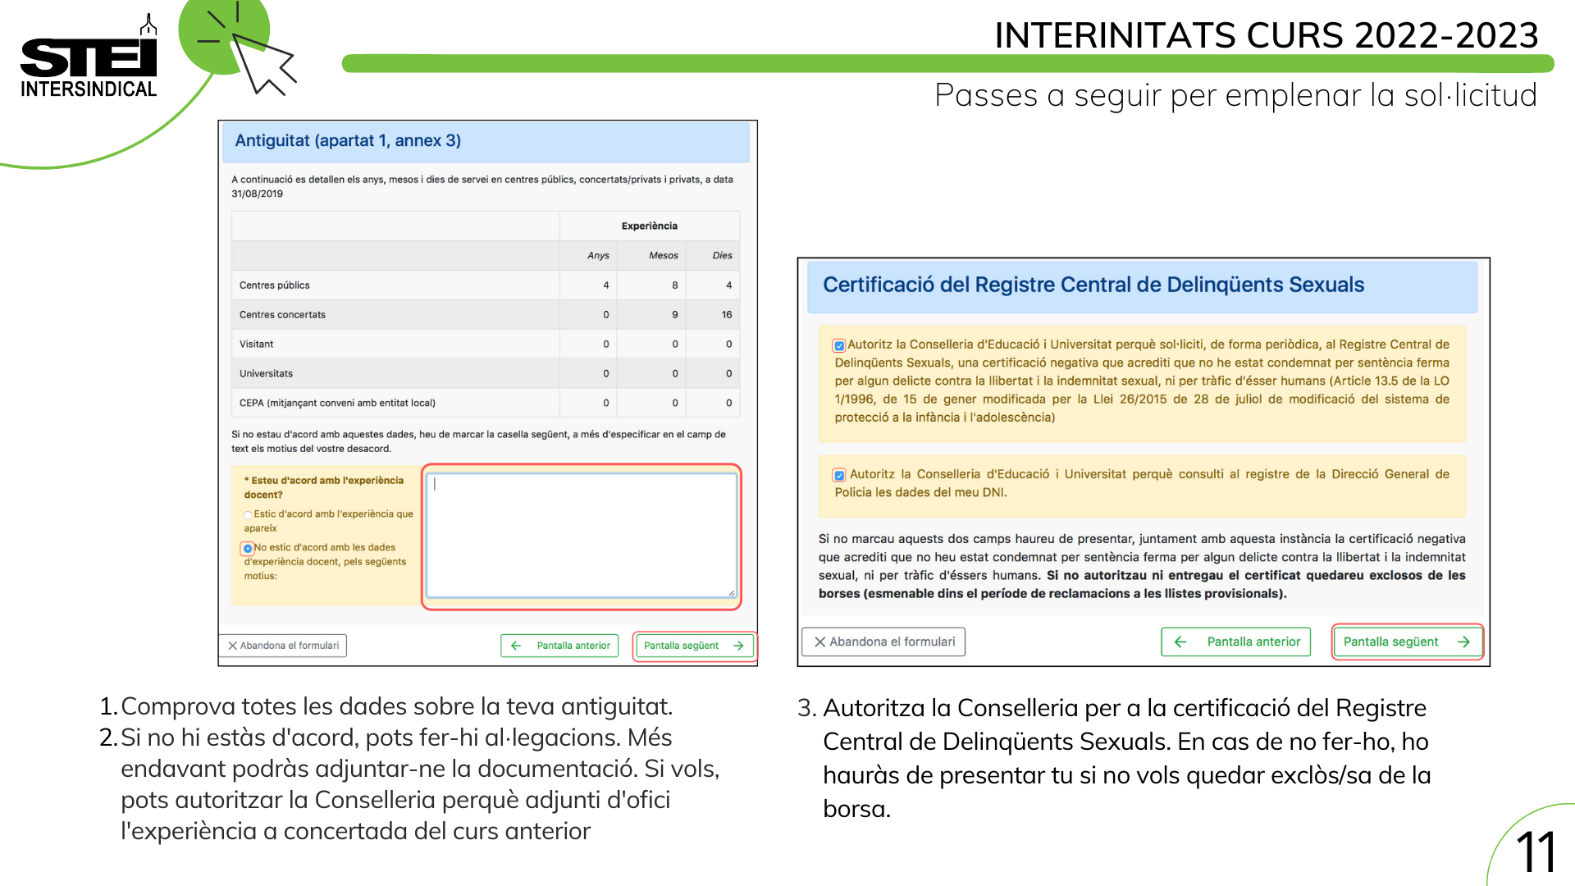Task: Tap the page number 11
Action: (x=1535, y=852)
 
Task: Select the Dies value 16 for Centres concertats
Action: (x=726, y=315)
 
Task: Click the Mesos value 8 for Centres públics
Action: (x=674, y=285)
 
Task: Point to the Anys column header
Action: (x=598, y=256)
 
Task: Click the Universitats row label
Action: (x=266, y=374)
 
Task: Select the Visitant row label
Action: (x=256, y=345)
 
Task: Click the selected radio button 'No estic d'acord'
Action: (x=248, y=548)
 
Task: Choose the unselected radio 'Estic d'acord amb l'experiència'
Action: (x=248, y=515)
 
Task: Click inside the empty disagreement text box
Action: (x=581, y=536)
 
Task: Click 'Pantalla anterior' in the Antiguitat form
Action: (x=559, y=646)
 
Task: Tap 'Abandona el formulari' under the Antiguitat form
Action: (x=283, y=646)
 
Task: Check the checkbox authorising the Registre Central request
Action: (x=839, y=345)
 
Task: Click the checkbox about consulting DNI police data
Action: (x=839, y=475)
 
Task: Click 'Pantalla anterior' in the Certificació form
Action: (x=1235, y=642)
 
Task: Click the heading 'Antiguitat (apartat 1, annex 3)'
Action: (x=348, y=141)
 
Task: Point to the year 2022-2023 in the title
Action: (x=1445, y=36)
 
